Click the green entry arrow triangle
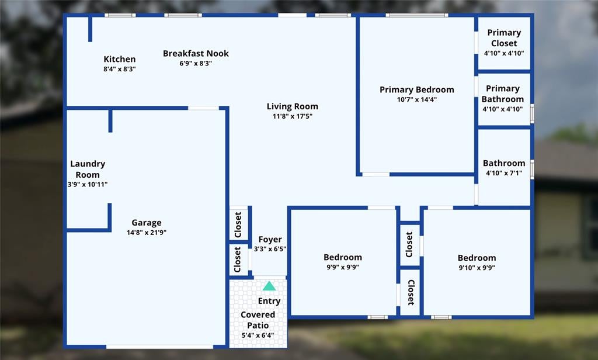coord(269,286)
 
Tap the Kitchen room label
coord(120,59)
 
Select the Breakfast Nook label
coord(196,53)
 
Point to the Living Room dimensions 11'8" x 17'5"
coord(293,116)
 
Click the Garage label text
coord(147,223)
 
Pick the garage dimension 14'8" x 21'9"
coord(147,232)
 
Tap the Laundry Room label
coord(88,169)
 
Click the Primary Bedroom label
coord(417,90)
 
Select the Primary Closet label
coord(504,38)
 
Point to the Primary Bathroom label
coord(503,94)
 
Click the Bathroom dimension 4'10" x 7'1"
coord(504,173)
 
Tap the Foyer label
coord(270,240)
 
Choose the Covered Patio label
coord(258,320)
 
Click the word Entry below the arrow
coord(269,301)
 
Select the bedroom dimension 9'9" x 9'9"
coord(342,267)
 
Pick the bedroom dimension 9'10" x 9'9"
coord(477,268)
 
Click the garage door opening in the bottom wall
coord(159,347)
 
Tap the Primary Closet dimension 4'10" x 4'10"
coord(504,53)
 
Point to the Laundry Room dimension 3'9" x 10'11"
coord(88,185)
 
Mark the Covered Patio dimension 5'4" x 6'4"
coord(258,335)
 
